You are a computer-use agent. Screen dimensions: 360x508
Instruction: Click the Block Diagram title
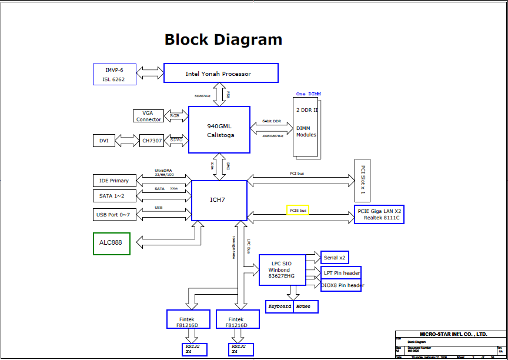pyautogui.click(x=223, y=40)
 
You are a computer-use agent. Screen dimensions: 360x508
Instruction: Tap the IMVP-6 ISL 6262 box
pyautogui.click(x=114, y=74)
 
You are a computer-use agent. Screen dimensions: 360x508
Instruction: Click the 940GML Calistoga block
pyautogui.click(x=219, y=130)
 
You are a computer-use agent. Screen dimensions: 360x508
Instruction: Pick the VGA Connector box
pyautogui.click(x=148, y=115)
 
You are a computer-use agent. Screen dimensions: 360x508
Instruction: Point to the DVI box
pyautogui.click(x=103, y=141)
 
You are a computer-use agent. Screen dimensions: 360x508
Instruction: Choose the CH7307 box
pyautogui.click(x=152, y=141)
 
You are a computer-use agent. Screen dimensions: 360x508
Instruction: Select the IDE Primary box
pyautogui.click(x=114, y=181)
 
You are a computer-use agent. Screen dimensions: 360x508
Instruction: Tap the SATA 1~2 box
pyautogui.click(x=114, y=195)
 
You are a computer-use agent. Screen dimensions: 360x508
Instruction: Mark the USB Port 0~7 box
pyautogui.click(x=114, y=215)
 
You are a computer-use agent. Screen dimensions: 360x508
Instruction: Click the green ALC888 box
pyautogui.click(x=111, y=244)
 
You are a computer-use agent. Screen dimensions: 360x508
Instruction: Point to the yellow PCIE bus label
pyautogui.click(x=298, y=210)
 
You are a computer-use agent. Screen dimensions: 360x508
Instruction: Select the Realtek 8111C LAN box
pyautogui.click(x=379, y=215)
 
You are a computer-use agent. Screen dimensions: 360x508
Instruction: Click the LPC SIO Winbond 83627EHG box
pyautogui.click(x=283, y=270)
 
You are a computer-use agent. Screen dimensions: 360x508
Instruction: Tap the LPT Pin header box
pyautogui.click(x=341, y=274)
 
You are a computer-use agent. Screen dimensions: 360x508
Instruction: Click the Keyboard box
pyautogui.click(x=279, y=306)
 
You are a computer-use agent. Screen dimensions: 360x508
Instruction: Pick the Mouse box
pyautogui.click(x=305, y=306)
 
